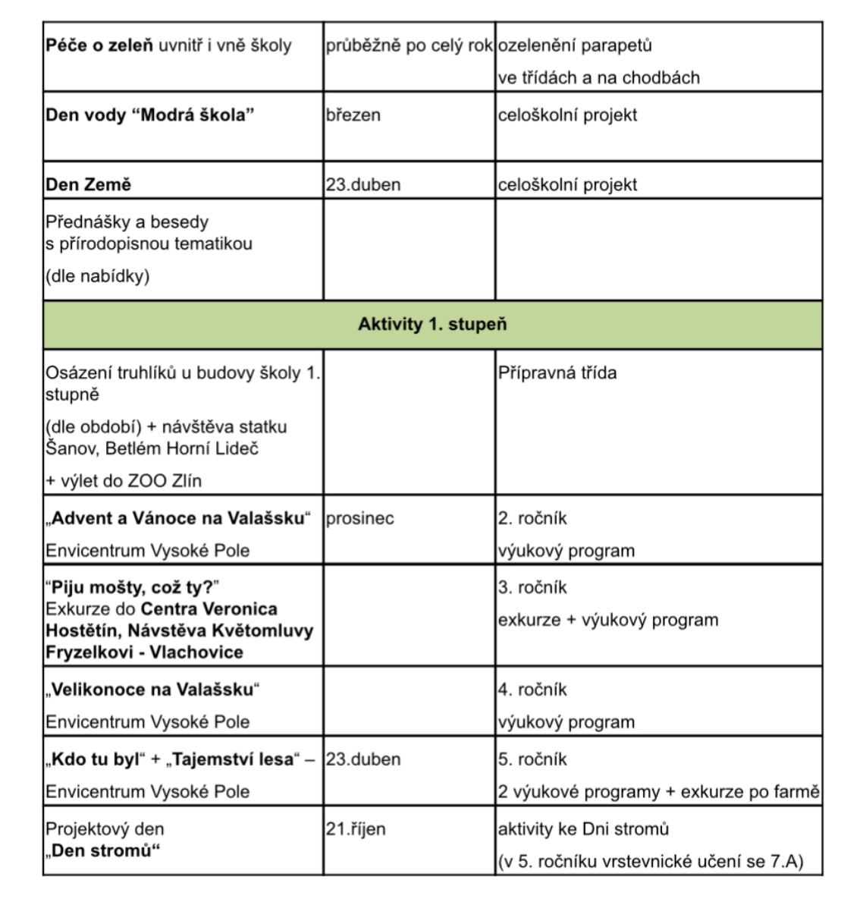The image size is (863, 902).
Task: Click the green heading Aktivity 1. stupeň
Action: (x=432, y=325)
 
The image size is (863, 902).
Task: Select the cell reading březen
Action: (x=353, y=115)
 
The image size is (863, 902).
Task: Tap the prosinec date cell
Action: (x=360, y=519)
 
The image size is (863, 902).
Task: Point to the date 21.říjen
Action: (x=356, y=829)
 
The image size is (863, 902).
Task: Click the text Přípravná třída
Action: (x=557, y=373)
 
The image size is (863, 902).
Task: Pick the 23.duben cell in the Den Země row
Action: (x=363, y=185)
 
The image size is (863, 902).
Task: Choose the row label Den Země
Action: (x=89, y=185)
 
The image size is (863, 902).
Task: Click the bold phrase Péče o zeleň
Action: (x=99, y=46)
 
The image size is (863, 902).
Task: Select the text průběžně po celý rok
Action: (x=410, y=46)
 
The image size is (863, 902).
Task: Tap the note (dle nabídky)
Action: (x=98, y=276)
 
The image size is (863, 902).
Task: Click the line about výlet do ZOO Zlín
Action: (x=124, y=481)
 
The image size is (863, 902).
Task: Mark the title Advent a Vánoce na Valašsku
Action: (x=178, y=519)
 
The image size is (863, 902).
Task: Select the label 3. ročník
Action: (x=532, y=588)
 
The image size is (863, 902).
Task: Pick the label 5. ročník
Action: (x=532, y=759)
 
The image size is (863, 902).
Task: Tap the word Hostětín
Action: (x=83, y=631)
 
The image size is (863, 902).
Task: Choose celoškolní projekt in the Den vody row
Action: (x=567, y=115)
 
